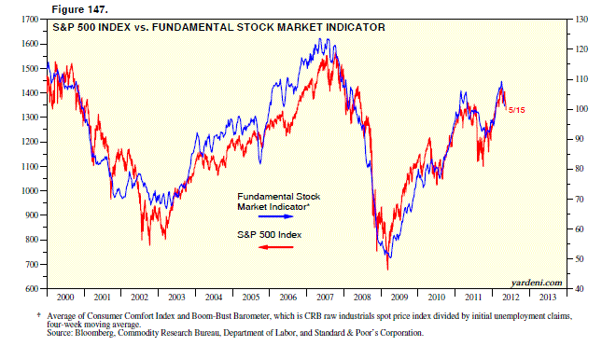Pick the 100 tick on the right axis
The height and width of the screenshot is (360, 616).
[x=580, y=109]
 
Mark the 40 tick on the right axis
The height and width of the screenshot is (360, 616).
[x=578, y=288]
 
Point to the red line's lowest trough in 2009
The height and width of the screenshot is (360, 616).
[x=387, y=270]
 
